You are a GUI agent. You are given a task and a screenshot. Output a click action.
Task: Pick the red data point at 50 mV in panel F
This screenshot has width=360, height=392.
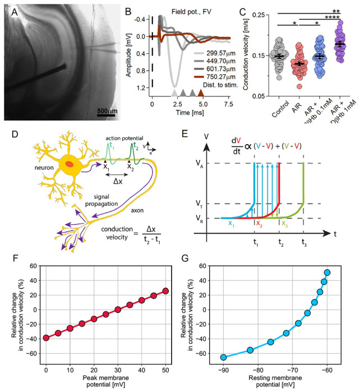165,291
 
